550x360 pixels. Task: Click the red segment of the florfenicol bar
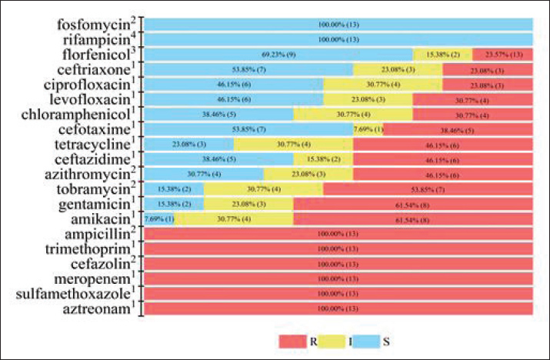[503, 54]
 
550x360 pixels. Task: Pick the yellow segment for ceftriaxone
[398, 69]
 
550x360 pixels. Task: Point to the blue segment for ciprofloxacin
[234, 84]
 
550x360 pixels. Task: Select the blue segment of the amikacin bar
[159, 218]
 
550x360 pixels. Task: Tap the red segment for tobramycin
[428, 188]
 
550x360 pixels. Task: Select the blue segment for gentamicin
[174, 204]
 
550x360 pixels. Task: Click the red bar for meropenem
[338, 278]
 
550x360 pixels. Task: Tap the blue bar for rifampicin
[338, 39]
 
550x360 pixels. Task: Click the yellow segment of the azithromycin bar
[308, 174]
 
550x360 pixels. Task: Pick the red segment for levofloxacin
[473, 99]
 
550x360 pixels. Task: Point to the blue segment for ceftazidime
[218, 158]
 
